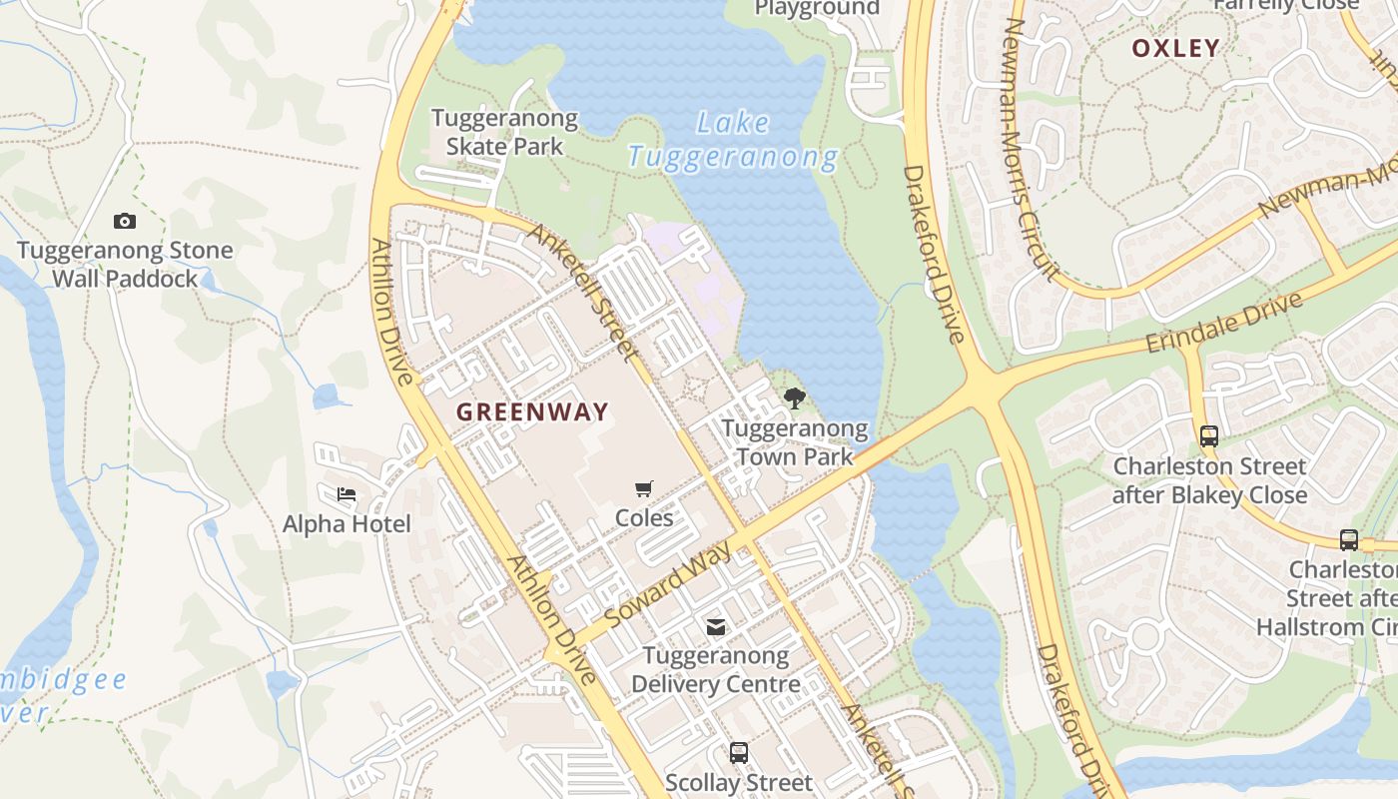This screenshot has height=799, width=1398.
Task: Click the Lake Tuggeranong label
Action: coord(733,140)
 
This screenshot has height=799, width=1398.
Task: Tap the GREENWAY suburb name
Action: coord(532,411)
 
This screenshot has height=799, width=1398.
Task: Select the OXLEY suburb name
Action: coord(1175,48)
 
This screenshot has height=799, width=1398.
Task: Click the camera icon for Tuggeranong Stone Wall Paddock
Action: coord(125,221)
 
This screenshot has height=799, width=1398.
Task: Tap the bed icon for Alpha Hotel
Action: coord(347,494)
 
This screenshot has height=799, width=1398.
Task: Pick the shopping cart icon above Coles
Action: coord(644,488)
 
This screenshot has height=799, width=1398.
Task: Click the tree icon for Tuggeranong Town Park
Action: coord(795,399)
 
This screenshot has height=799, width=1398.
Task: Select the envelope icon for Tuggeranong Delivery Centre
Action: coord(716,627)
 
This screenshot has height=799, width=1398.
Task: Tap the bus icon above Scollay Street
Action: coord(739,753)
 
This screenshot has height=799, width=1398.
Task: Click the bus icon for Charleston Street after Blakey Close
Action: coord(1209,436)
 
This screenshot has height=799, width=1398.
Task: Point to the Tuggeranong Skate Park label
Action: coord(504,132)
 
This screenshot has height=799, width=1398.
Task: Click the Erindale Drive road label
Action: coord(1224,322)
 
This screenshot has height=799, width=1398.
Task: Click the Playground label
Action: coord(817,9)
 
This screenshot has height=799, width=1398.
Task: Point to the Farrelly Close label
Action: coord(1285,6)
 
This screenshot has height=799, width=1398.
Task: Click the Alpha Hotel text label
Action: coord(347,524)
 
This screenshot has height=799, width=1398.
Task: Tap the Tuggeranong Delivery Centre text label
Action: coord(716,670)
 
